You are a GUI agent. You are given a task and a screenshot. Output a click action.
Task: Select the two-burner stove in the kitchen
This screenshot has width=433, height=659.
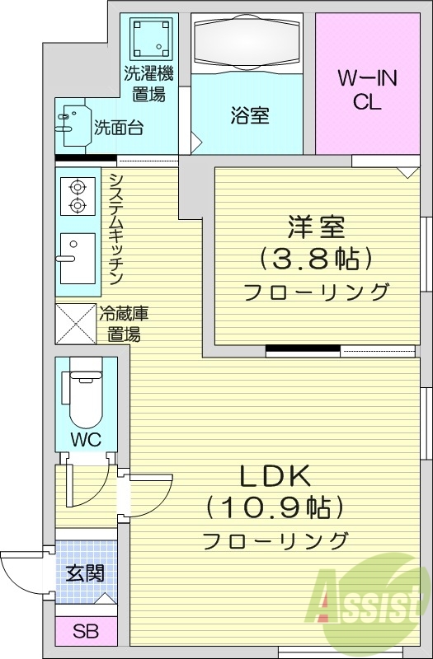(x=77, y=196)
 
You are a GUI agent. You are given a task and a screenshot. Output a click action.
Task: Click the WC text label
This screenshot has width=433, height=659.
(x=86, y=439)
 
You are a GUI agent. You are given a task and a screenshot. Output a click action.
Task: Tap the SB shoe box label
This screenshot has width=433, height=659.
(x=84, y=632)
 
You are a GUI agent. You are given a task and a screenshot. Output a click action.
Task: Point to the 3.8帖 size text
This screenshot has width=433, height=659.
(x=315, y=258)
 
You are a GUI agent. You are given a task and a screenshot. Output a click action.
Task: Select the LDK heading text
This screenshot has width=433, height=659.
(x=274, y=475)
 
